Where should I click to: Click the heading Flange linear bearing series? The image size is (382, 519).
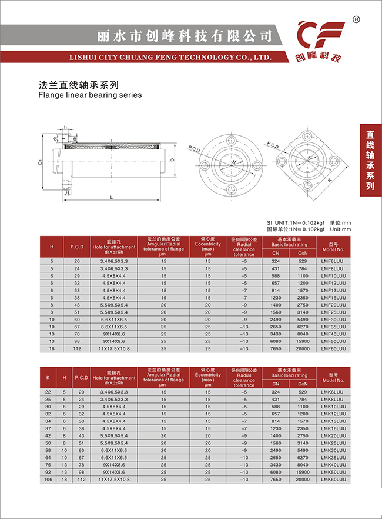pyautogui.click(x=89, y=95)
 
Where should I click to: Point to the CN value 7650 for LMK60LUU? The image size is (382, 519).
pyautogui.click(x=276, y=480)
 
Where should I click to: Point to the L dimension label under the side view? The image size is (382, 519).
pyautogui.click(x=112, y=197)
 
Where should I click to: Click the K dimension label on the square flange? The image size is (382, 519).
pyautogui.click(x=330, y=181)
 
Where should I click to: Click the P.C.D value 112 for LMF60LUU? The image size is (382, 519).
pyautogui.click(x=76, y=348)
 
